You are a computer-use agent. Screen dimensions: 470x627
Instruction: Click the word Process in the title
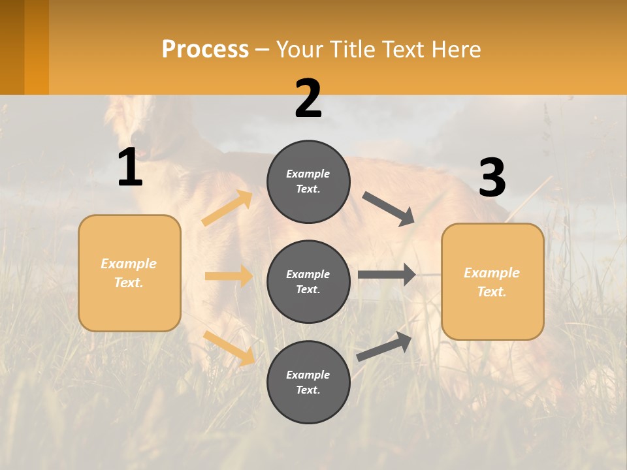click(x=205, y=50)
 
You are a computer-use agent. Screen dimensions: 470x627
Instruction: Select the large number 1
click(x=130, y=168)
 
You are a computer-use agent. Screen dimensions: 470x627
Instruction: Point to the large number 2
click(x=308, y=99)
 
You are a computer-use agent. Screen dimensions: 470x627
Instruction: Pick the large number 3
click(x=492, y=179)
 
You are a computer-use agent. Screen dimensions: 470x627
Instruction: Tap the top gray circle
click(x=308, y=181)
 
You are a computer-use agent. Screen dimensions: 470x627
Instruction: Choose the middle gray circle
click(x=308, y=282)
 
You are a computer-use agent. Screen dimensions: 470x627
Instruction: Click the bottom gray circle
click(x=308, y=383)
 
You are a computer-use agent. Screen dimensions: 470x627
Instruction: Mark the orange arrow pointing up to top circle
click(x=227, y=208)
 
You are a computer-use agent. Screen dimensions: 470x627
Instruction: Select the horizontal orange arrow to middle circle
click(x=229, y=276)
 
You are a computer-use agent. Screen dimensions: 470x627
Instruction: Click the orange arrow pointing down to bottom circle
click(x=229, y=348)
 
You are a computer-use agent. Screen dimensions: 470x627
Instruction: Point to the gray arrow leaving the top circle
click(x=388, y=209)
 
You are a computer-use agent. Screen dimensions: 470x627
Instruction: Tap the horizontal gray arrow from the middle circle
click(x=387, y=275)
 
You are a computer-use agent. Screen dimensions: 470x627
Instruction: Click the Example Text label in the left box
click(x=129, y=273)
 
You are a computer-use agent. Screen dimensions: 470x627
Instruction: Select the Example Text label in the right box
click(x=492, y=282)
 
